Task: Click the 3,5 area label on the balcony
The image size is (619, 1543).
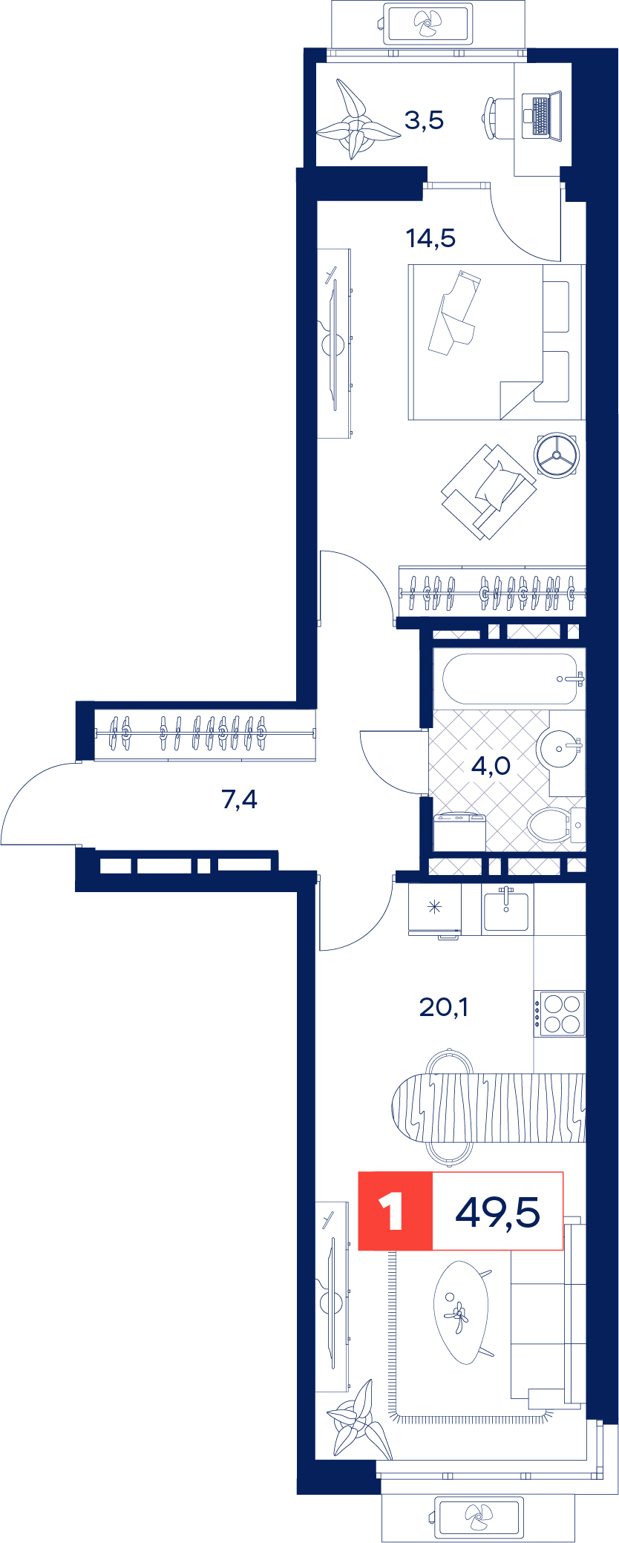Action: click(424, 120)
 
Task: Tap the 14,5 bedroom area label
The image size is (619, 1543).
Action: click(430, 238)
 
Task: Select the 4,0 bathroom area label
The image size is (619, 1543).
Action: click(491, 765)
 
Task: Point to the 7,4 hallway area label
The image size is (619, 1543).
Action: click(240, 799)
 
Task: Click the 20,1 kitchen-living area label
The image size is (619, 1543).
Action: click(444, 1007)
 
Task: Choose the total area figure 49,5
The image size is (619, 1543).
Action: click(497, 1213)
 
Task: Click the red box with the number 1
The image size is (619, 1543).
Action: click(396, 1211)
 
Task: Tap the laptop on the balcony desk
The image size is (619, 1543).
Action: click(542, 115)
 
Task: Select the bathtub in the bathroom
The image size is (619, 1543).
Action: click(510, 678)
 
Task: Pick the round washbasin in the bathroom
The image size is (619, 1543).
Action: click(559, 750)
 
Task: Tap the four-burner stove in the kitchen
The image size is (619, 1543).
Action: click(560, 1014)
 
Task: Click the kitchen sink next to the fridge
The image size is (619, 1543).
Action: click(506, 910)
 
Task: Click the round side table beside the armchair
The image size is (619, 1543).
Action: click(557, 455)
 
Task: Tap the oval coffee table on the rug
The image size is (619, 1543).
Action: click(462, 1313)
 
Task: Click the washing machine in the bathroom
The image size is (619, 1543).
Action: click(459, 833)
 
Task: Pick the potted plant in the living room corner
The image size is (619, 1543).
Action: click(359, 1420)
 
